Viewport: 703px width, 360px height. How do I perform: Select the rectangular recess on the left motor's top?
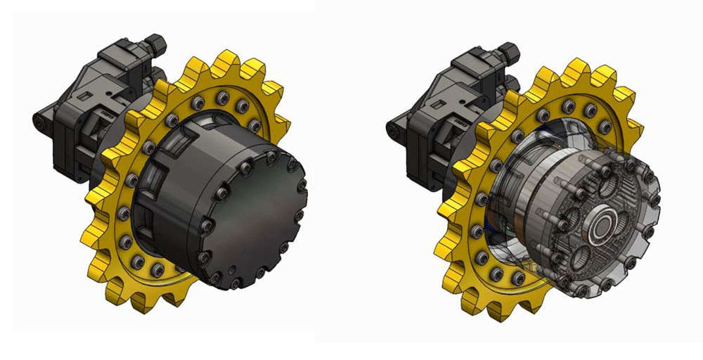(x=85, y=95)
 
